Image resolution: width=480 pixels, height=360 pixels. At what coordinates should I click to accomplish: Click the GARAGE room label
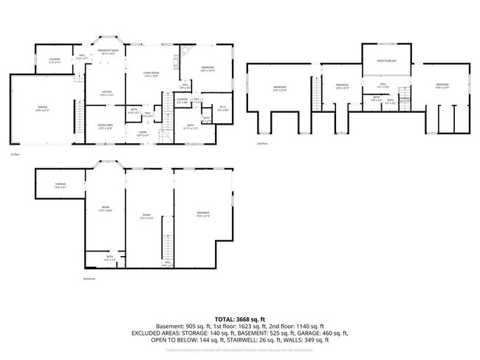click(x=43, y=108)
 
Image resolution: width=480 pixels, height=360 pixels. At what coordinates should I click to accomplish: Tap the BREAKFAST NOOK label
click(x=103, y=52)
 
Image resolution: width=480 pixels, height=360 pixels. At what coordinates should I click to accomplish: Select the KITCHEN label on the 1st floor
click(x=106, y=93)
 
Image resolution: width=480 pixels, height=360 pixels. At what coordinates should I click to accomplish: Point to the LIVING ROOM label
click(x=152, y=73)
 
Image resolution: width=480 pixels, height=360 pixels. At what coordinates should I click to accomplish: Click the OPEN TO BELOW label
click(x=387, y=60)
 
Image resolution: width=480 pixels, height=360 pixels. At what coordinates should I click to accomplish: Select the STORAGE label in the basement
click(x=60, y=185)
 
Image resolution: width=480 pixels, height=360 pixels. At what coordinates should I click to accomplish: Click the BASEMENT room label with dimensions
click(x=203, y=215)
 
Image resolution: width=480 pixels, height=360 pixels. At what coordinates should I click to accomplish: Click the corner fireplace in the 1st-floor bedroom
click(x=185, y=51)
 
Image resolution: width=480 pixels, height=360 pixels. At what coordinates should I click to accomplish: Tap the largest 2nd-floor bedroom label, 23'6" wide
click(x=279, y=89)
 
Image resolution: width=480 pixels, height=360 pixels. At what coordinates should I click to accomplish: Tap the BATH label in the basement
click(x=110, y=259)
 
